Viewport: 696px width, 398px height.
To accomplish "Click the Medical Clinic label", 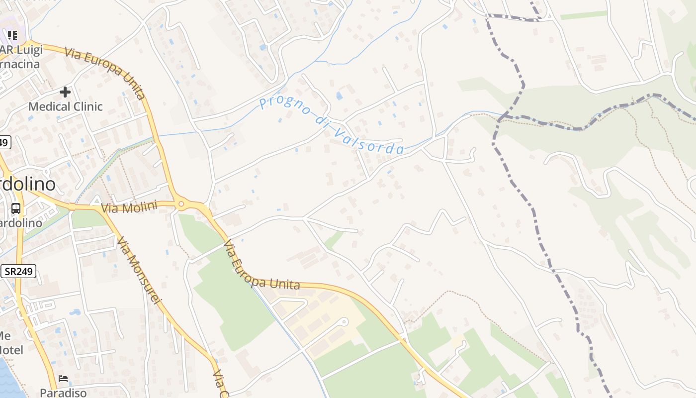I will point(65,106).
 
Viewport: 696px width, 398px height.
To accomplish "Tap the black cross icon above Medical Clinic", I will point(65,92).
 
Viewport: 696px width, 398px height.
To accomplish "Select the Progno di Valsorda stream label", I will point(331,125).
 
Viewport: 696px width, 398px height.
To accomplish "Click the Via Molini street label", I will point(129,207).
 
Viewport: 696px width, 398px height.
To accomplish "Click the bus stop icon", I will point(16,208).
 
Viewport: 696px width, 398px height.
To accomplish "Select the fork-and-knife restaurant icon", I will point(12,35).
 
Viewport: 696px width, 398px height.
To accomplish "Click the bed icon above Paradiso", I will point(63,379).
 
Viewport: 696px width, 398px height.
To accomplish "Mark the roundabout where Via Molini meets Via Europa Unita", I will point(181,203).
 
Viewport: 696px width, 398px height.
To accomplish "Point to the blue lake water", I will point(7,381).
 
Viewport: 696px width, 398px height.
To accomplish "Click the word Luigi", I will point(28,50).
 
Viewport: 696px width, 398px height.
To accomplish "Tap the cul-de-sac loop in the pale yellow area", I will point(344,321).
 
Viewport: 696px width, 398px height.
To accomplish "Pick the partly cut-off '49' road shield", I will point(4,142).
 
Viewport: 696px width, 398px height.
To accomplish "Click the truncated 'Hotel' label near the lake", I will point(11,350).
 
